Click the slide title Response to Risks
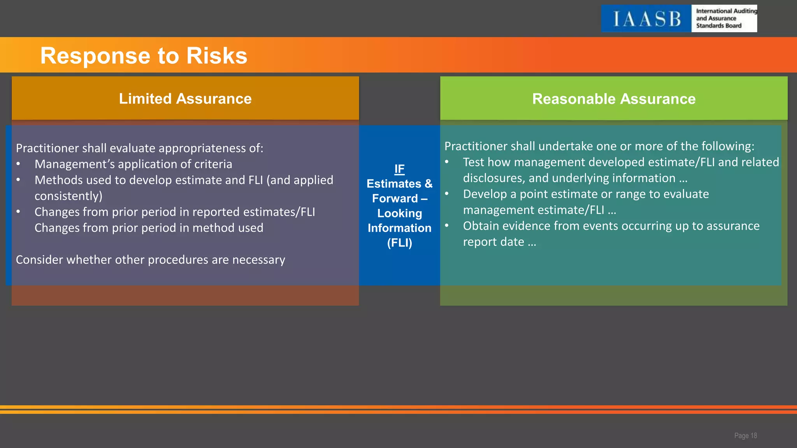point(144,55)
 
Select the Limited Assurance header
point(185,99)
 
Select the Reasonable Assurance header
point(614,99)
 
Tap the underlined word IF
point(399,169)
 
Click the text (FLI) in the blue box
point(399,243)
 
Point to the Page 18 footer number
point(745,436)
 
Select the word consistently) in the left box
point(68,196)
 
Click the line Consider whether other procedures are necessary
point(150,260)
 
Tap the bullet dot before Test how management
point(447,162)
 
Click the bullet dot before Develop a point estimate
point(447,194)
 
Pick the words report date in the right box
point(493,242)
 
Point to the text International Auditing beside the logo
point(726,11)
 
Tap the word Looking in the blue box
point(399,213)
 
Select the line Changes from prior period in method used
point(149,228)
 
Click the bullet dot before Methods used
point(18,180)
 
